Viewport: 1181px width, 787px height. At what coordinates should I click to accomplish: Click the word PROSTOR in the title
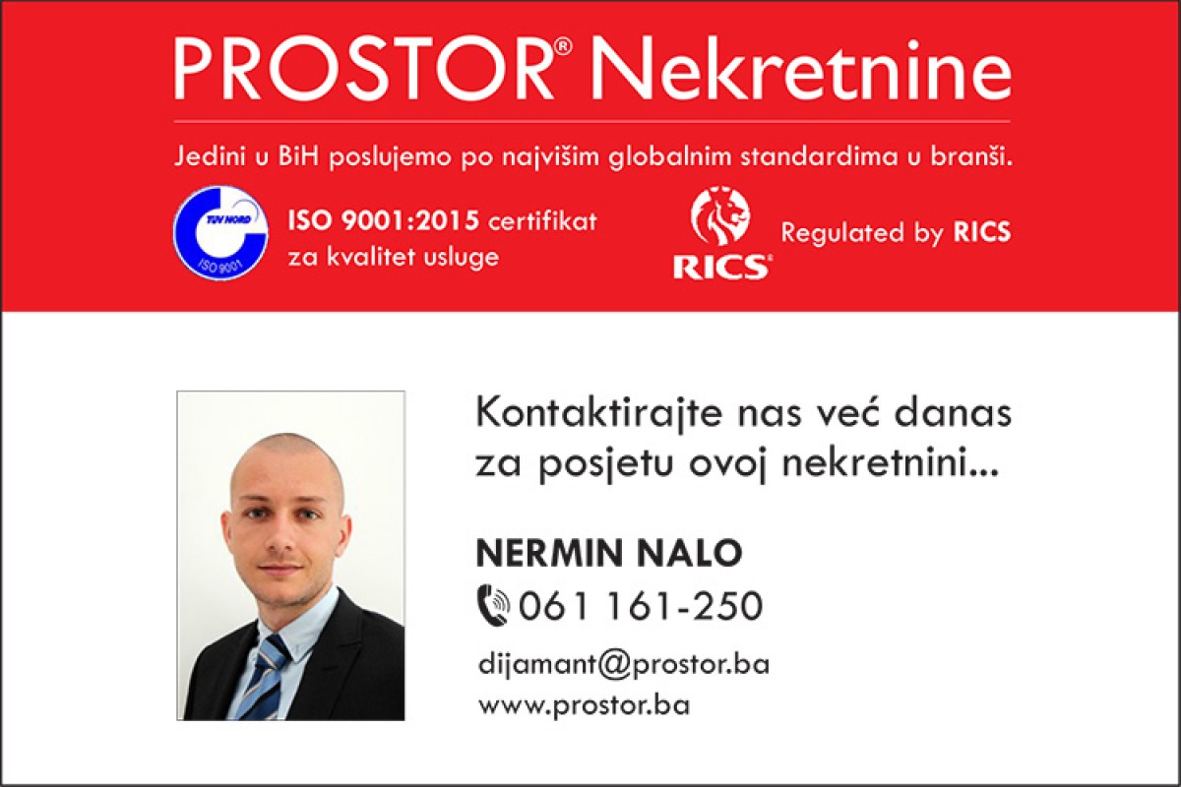point(363,68)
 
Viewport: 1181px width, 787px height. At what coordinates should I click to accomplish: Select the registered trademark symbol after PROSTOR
point(563,47)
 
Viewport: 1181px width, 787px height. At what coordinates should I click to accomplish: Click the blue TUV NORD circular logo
point(220,233)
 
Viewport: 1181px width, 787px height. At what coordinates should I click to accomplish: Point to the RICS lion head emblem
point(720,215)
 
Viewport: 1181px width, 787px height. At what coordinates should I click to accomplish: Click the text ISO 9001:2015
point(383,221)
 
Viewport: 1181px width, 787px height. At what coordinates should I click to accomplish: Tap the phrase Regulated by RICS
point(896,233)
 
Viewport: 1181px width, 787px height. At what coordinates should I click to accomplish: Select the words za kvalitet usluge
point(393,257)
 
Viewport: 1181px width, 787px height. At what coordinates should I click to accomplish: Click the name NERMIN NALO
point(609,553)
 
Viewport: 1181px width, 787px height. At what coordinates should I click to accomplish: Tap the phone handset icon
point(493,606)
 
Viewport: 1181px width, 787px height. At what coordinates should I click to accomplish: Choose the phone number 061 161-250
point(641,606)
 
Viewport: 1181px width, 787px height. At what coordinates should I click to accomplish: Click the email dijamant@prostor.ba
point(623,665)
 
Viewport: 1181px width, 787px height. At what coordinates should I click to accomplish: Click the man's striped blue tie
point(264,679)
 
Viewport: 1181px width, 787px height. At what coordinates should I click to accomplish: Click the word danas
point(953,414)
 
